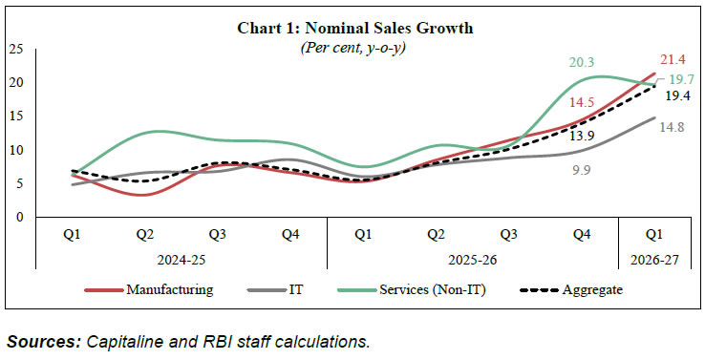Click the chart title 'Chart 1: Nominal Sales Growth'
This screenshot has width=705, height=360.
[x=354, y=29]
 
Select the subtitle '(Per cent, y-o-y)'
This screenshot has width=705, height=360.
[x=352, y=48]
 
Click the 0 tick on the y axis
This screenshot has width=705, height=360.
[x=18, y=217]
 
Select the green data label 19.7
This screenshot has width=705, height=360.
[x=680, y=79]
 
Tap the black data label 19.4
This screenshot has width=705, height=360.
[x=677, y=95]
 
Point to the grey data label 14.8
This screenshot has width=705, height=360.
[x=672, y=127]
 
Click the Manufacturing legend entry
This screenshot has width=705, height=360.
[x=149, y=289]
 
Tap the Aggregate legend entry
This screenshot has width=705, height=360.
[x=571, y=290]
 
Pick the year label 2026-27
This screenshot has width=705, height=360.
[x=654, y=261]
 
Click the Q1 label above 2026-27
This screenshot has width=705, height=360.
[x=654, y=234]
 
